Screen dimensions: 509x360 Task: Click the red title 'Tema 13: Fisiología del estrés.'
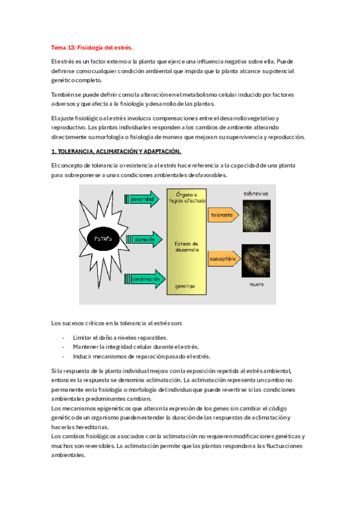pos(91,47)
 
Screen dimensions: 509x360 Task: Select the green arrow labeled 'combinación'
pos(144,279)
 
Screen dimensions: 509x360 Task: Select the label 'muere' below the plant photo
pos(256,284)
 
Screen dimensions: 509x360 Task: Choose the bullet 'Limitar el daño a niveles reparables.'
pos(120,337)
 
